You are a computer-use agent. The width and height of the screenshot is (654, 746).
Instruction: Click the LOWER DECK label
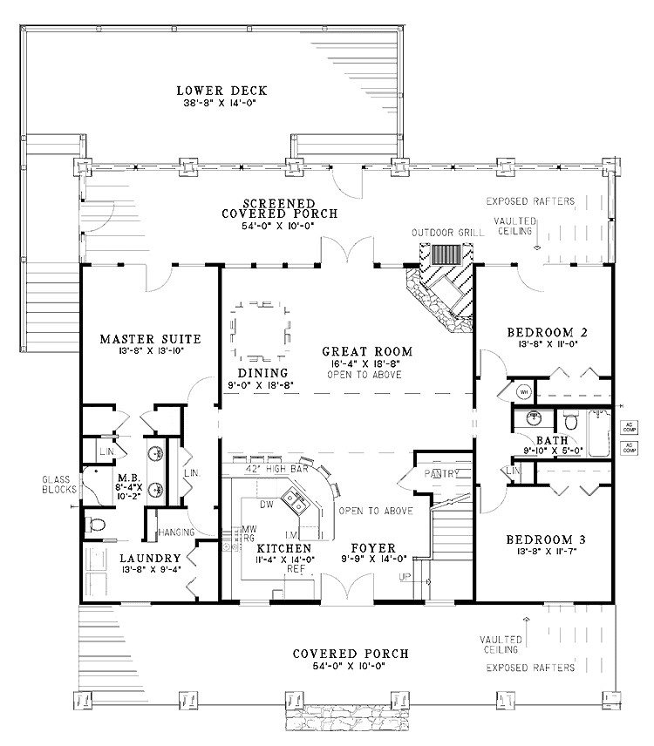[221, 91]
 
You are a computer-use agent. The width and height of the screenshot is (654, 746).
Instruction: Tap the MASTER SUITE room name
[150, 338]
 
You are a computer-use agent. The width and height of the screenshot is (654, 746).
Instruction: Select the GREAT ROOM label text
[364, 351]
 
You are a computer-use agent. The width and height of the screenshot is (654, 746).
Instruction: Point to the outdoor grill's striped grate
[447, 254]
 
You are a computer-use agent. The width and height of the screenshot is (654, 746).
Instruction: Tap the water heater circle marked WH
[524, 392]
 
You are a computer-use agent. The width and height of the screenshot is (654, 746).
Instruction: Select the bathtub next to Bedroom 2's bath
[601, 433]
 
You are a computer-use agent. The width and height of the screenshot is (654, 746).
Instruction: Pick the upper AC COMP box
[628, 426]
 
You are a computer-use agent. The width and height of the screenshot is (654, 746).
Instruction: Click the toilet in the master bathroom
[96, 525]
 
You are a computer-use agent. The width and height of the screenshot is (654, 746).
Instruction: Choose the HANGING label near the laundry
[175, 532]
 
